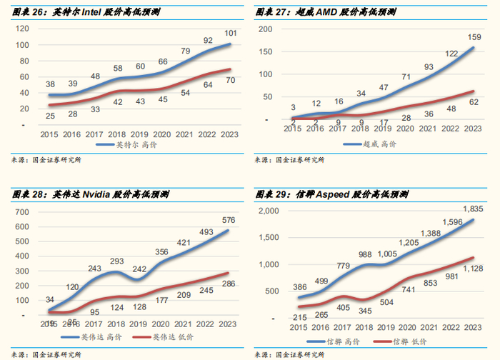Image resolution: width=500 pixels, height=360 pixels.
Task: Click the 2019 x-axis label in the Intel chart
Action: coord(138,133)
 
